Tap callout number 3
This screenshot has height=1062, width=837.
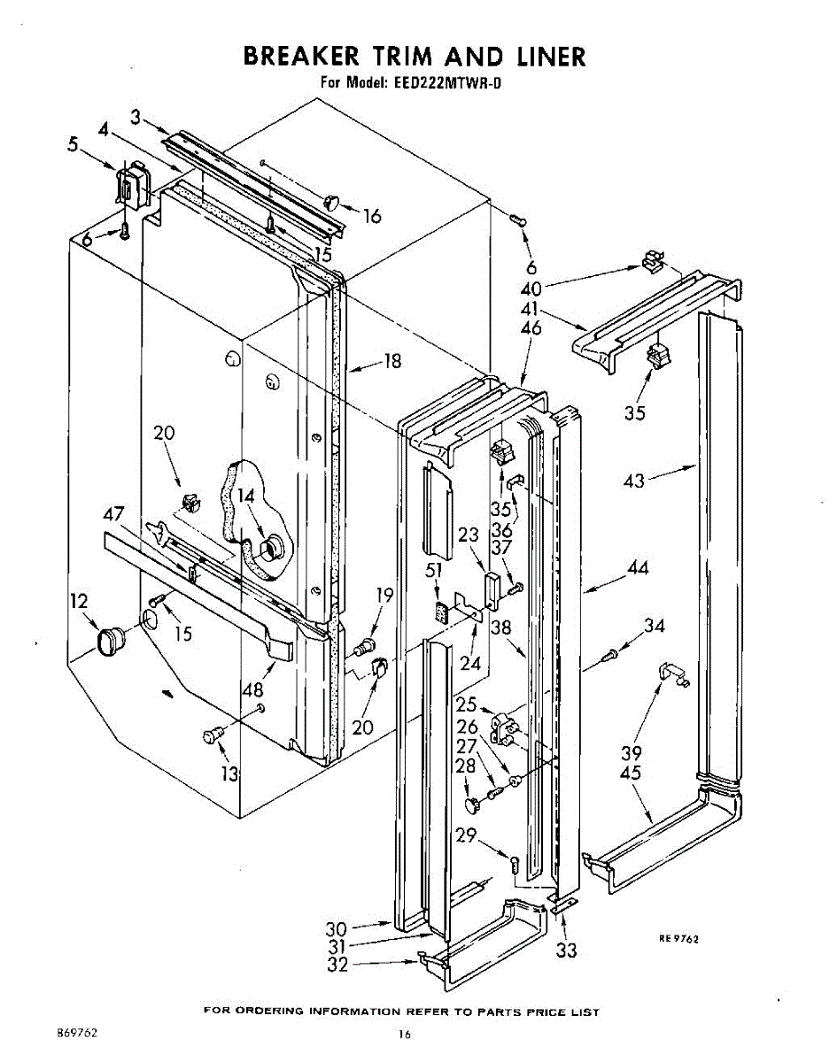click(136, 116)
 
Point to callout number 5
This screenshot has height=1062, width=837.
click(74, 144)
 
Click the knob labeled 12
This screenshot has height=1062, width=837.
click(111, 640)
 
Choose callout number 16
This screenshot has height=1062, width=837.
click(373, 215)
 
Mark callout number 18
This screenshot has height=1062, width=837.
click(391, 361)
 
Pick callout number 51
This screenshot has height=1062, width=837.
click(433, 571)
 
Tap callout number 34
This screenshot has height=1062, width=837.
click(654, 627)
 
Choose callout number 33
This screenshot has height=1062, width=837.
click(566, 950)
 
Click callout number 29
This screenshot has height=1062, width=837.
click(467, 835)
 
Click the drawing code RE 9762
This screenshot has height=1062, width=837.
click(678, 939)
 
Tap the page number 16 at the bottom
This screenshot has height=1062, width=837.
click(405, 1034)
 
